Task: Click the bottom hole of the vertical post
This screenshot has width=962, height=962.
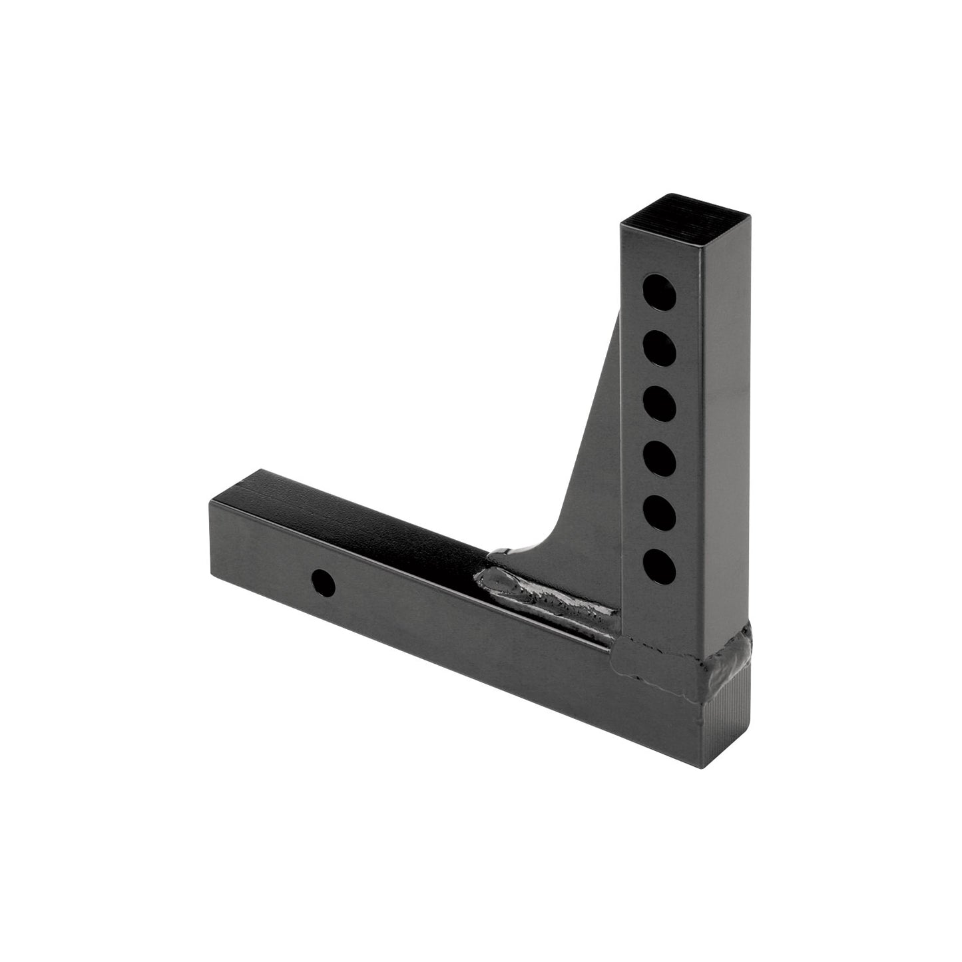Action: pyautogui.click(x=659, y=566)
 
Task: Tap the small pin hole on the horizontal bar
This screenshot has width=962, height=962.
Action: pyautogui.click(x=324, y=583)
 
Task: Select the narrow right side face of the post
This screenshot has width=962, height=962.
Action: pyautogui.click(x=729, y=433)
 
